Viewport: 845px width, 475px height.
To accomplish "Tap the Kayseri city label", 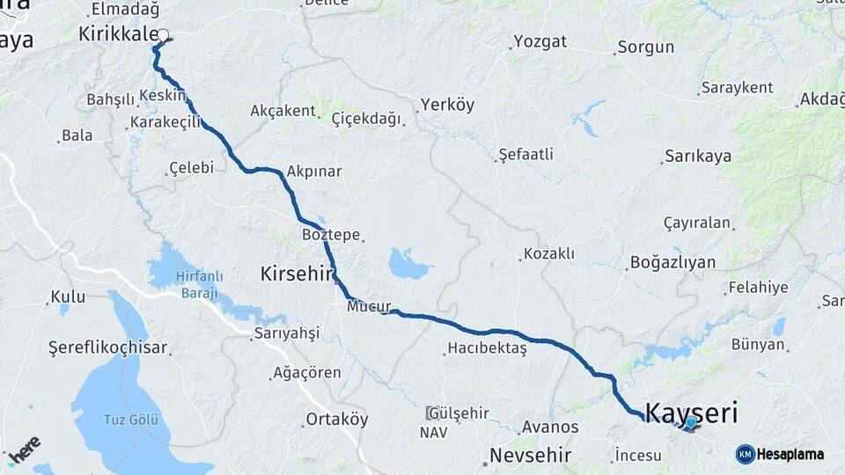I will (691, 412).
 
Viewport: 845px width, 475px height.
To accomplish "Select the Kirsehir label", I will (298, 274).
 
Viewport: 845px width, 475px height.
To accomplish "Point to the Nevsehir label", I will (530, 456).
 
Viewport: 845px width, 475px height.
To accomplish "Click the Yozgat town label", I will (540, 41).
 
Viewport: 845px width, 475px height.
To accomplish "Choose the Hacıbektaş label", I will (487, 348).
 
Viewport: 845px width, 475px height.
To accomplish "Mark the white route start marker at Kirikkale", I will (163, 37).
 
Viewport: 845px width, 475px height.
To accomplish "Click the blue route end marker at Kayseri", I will (691, 423).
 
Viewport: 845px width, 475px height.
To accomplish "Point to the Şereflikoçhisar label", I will (107, 347).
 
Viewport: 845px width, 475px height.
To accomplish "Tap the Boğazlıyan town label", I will (672, 262).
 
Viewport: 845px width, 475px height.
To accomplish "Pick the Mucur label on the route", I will (368, 307).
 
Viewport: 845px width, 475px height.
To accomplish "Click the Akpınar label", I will (313, 171).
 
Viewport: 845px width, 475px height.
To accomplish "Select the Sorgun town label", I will (645, 47).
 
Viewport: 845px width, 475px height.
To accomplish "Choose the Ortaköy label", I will (337, 419).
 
